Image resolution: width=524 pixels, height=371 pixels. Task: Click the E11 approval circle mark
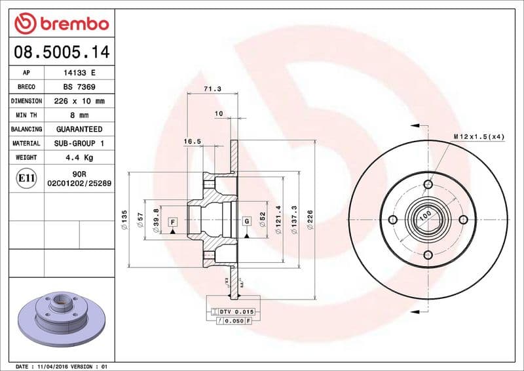click(27, 178)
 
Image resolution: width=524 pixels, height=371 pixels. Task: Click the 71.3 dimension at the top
click(212, 88)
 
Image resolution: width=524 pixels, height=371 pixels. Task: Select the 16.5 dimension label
click(192, 141)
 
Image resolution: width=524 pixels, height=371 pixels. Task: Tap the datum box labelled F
click(173, 222)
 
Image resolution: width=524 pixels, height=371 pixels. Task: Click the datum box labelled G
click(247, 222)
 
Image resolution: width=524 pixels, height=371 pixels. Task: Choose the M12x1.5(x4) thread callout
click(479, 136)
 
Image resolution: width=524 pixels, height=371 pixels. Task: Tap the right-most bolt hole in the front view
click(463, 220)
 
